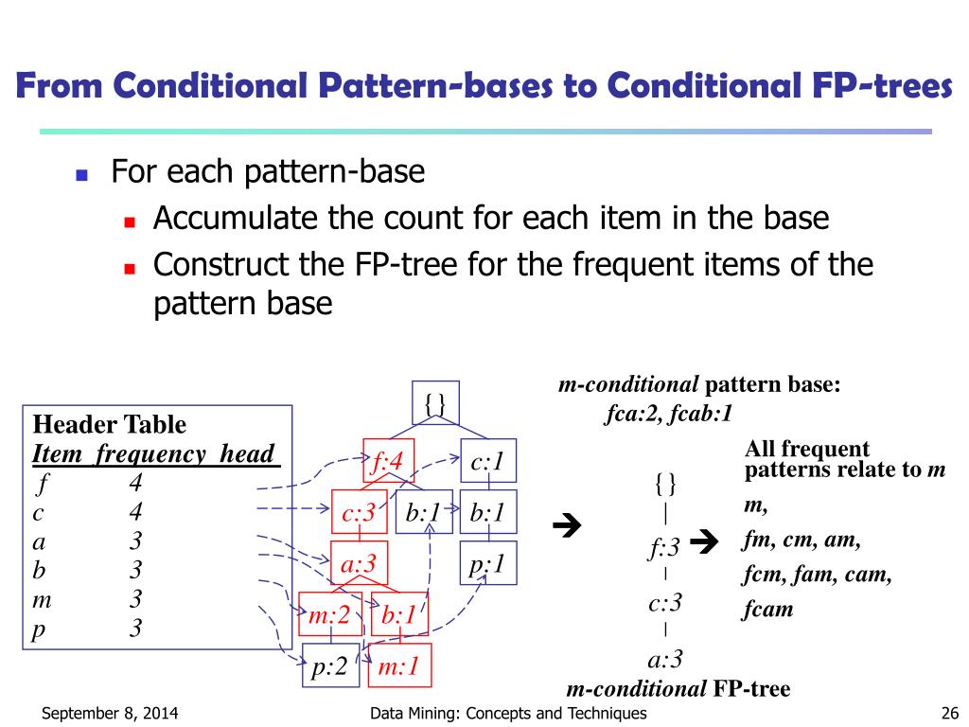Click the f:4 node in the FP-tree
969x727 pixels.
pyautogui.click(x=388, y=462)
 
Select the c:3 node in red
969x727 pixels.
pyautogui.click(x=359, y=513)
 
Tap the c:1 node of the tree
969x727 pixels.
pyautogui.click(x=487, y=462)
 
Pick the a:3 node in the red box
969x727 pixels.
pyautogui.click(x=359, y=564)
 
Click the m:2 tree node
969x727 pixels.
pyautogui.click(x=329, y=615)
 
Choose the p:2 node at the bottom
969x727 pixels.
pyautogui.click(x=330, y=667)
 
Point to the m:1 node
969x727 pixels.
pyautogui.click(x=397, y=667)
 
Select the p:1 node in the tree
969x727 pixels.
pyautogui.click(x=487, y=564)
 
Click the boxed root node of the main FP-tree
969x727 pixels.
pyautogui.click(x=434, y=402)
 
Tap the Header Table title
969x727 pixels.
pyautogui.click(x=109, y=424)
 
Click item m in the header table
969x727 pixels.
pyautogui.click(x=40, y=599)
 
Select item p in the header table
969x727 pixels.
pyautogui.click(x=39, y=629)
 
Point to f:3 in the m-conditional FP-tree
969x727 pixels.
pyautogui.click(x=664, y=547)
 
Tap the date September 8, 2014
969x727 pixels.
pyautogui.click(x=110, y=714)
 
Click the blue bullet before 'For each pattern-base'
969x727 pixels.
pyautogui.click(x=81, y=175)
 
